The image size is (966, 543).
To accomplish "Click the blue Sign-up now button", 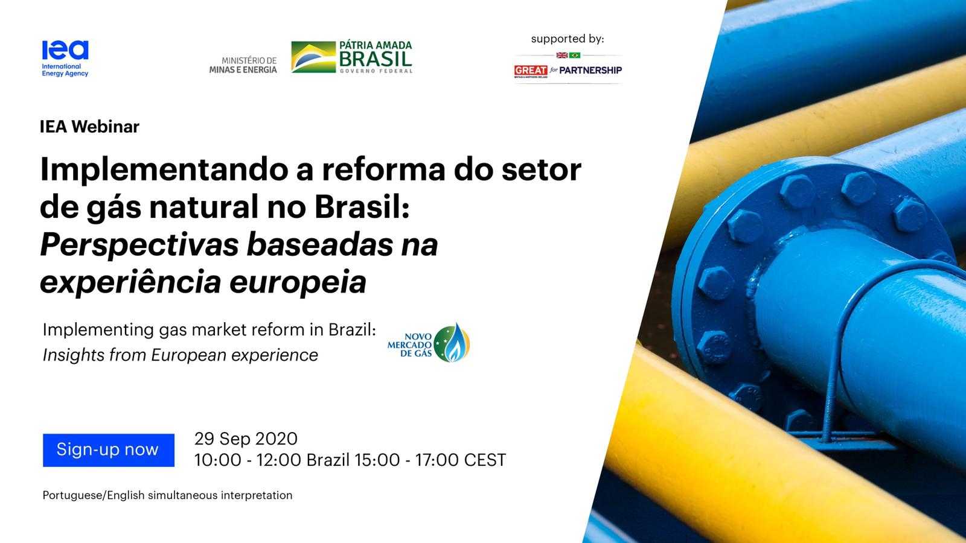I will point(108,450).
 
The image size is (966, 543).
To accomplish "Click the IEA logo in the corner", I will point(65,58).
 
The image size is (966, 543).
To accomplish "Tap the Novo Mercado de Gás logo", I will point(429,343).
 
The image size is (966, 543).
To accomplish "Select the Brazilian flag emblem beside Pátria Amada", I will point(313,57).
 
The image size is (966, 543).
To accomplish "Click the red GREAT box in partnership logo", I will point(530,71).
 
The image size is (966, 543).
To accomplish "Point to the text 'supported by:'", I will point(567,39).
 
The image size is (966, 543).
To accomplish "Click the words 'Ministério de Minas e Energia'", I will point(243,65).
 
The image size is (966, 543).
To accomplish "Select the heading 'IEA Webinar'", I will point(89,127).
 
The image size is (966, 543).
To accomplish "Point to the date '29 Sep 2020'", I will point(246,439).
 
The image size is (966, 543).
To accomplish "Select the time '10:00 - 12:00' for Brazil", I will point(248,460).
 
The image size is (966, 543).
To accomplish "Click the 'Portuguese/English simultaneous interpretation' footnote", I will point(167,495).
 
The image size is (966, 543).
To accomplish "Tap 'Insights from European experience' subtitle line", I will point(180,355).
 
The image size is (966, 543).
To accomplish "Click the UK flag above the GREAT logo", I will point(561,56).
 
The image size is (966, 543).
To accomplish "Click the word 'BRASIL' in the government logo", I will point(375,59).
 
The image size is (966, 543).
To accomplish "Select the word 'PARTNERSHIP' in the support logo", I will point(590,71).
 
